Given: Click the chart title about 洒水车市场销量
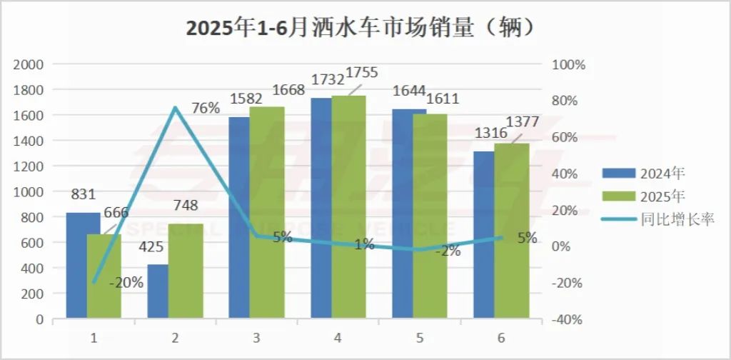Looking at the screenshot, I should pyautogui.click(x=361, y=28).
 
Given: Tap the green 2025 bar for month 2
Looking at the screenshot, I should pyautogui.click(x=186, y=271).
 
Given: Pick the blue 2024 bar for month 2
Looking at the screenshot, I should pyautogui.click(x=158, y=291).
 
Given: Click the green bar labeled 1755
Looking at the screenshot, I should pyautogui.click(x=348, y=207).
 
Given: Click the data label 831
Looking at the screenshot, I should pyautogui.click(x=83, y=194).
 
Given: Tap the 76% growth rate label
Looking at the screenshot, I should pyautogui.click(x=206, y=109).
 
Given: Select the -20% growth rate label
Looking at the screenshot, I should pyautogui.click(x=126, y=282).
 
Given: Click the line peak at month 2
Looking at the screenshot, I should pyautogui.click(x=175, y=108).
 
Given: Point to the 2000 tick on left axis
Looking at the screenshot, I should pyautogui.click(x=29, y=64).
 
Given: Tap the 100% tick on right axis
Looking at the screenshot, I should pyautogui.click(x=570, y=65).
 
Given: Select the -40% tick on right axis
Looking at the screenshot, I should pyautogui.click(x=570, y=319).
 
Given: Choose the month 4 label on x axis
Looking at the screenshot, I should pyautogui.click(x=338, y=337).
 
